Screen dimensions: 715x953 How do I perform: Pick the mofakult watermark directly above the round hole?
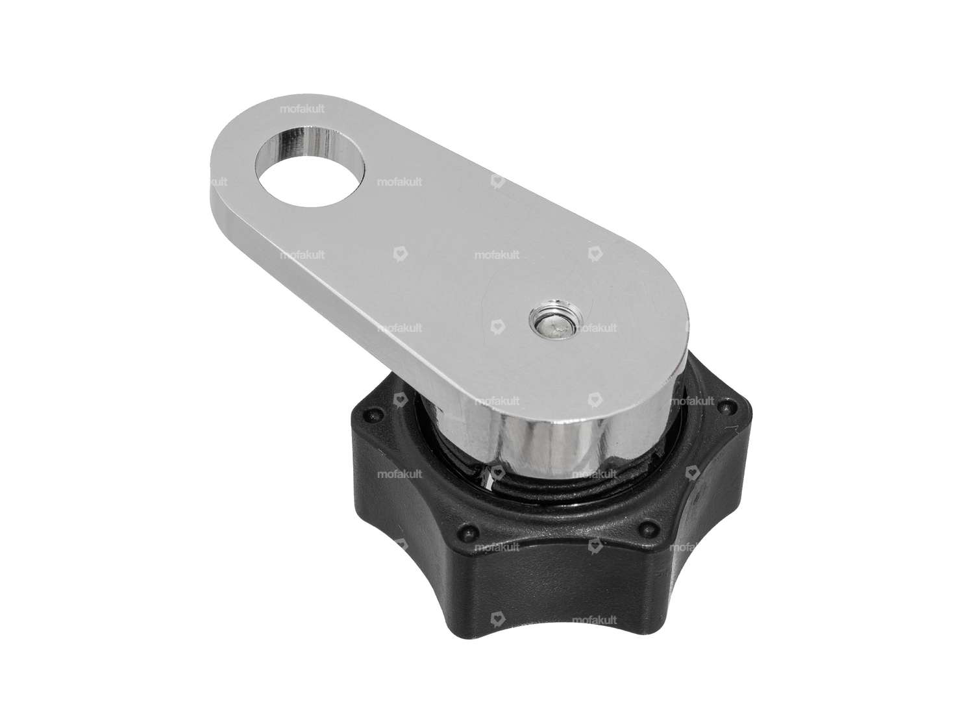302,110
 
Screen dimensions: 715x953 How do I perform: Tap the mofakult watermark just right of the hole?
399,182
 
